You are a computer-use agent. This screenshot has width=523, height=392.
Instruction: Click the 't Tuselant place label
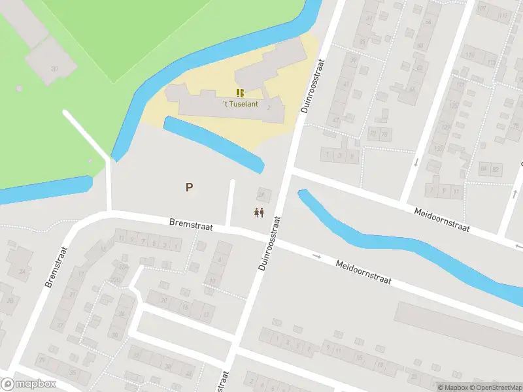click(x=240, y=104)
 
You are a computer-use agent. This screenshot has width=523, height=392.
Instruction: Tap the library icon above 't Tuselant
click(x=240, y=93)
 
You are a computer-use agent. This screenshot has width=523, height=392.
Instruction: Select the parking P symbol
click(x=189, y=188)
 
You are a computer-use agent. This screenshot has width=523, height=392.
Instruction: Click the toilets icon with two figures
click(x=259, y=212)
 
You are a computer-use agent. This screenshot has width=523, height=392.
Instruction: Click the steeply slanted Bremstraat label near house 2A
click(x=57, y=267)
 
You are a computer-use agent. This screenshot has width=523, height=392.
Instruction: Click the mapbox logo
click(x=29, y=384)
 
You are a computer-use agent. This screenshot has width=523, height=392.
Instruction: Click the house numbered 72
click(x=373, y=135)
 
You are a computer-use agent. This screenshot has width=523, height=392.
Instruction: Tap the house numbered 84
click(x=484, y=169)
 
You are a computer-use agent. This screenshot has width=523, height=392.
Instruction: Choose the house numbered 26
click(x=122, y=316)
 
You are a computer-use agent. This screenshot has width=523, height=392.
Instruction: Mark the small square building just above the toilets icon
click(x=263, y=194)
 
